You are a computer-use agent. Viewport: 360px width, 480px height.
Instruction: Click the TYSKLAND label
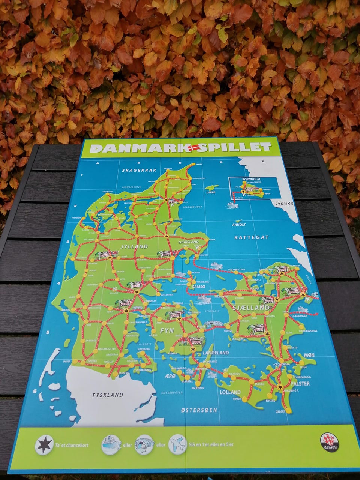[x=108, y=394]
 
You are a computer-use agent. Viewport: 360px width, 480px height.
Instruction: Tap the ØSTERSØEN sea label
[x=199, y=410]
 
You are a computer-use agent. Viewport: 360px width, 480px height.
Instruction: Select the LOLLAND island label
[x=231, y=392]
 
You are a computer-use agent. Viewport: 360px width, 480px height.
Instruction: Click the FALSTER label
[x=300, y=384]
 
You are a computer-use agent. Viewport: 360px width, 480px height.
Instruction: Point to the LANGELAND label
[x=216, y=353]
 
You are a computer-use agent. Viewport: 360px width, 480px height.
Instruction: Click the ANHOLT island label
[x=239, y=225]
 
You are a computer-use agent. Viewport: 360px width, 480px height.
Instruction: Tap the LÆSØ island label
[x=211, y=192]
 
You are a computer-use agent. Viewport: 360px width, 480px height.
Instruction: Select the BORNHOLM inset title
[x=249, y=179]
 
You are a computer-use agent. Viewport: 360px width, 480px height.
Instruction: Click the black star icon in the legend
[x=44, y=445]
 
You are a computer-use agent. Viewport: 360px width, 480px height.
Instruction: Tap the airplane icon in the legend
[x=178, y=444]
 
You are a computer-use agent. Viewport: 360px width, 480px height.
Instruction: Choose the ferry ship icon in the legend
[x=111, y=445]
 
